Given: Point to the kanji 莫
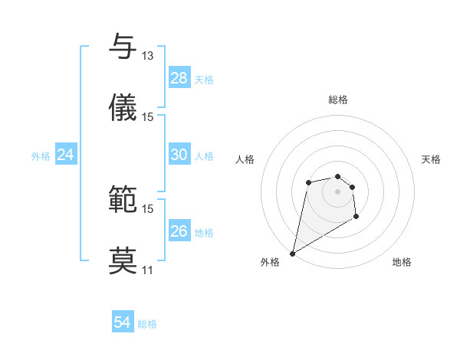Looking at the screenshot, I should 123,260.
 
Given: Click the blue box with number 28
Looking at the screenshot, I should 179,78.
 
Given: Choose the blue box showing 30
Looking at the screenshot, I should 179,155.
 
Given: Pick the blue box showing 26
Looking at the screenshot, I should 179,231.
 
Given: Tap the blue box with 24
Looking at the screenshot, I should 65,155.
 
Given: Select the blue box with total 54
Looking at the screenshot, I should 122,322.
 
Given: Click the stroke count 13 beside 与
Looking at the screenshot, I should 147,55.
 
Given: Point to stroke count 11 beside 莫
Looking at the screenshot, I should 147,270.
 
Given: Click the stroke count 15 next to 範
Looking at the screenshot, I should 147,208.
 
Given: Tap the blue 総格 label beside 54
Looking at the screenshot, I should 147,324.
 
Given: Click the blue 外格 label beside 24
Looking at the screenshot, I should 41,155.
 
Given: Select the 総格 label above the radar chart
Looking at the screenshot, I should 337,100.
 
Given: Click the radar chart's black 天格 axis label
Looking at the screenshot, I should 431,159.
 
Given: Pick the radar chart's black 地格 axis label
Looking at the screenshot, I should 402,262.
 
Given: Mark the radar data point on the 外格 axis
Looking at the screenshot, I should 292,254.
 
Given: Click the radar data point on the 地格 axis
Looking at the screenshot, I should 356,217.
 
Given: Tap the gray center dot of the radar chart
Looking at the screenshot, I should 337,191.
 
